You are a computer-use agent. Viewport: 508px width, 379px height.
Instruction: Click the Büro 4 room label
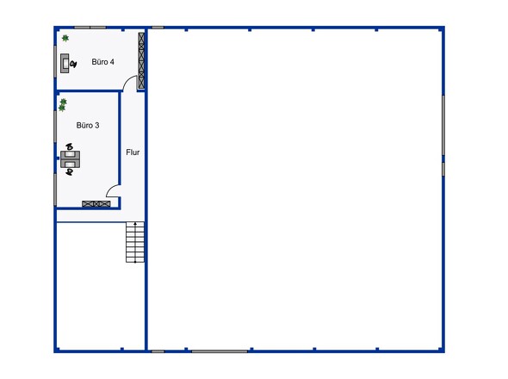click(x=102, y=62)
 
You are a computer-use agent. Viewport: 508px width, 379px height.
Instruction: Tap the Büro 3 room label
click(x=88, y=126)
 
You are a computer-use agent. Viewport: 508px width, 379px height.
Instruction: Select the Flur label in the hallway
click(x=133, y=152)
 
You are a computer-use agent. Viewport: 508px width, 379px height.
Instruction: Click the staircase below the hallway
click(x=135, y=242)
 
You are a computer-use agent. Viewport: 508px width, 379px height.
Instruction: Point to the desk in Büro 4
click(x=65, y=63)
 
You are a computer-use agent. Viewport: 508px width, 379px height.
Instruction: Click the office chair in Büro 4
click(x=73, y=65)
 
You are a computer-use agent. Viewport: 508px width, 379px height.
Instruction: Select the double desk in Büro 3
click(x=71, y=159)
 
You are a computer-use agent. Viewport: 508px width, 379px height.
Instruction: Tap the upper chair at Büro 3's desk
click(x=70, y=147)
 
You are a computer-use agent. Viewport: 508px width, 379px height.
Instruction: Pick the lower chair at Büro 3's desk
click(x=70, y=171)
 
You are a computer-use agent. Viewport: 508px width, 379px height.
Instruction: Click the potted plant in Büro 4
click(x=65, y=38)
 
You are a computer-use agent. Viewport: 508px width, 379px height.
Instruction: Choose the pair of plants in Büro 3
click(x=63, y=105)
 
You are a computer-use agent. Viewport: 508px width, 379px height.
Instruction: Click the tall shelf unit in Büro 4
click(x=141, y=60)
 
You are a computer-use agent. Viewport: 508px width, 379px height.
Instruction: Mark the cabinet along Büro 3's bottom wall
click(x=96, y=204)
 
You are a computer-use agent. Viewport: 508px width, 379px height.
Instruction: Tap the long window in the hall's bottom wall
click(x=220, y=351)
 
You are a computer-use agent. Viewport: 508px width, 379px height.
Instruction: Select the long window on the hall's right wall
click(x=443, y=125)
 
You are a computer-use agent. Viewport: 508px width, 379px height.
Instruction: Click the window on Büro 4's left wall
click(x=55, y=62)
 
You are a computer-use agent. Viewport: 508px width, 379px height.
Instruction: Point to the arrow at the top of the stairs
click(x=135, y=224)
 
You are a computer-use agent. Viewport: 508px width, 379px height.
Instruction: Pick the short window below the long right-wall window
click(x=443, y=169)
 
